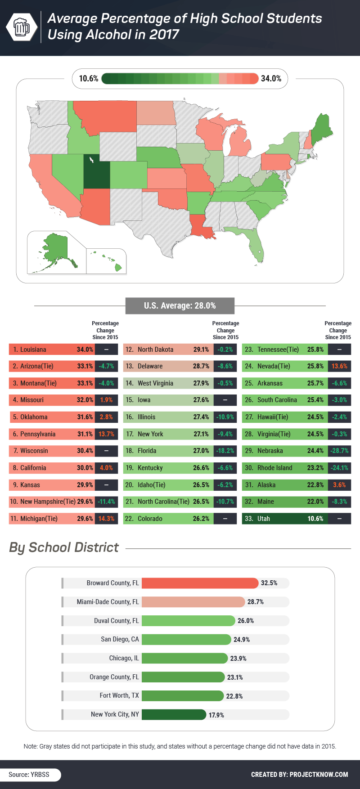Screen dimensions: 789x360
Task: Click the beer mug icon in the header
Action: (22, 27)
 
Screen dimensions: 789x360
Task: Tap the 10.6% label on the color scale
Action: (89, 79)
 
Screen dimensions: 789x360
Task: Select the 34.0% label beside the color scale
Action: (271, 79)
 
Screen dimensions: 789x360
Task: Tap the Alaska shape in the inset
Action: (56, 250)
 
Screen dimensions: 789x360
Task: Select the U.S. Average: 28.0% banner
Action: (180, 306)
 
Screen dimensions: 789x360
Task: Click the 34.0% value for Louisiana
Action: (85, 350)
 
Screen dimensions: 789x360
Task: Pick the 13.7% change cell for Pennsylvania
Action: (106, 434)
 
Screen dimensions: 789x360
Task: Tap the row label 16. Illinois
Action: (140, 417)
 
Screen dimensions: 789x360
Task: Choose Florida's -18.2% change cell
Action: (225, 451)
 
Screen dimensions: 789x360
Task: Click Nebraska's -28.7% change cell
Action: (339, 451)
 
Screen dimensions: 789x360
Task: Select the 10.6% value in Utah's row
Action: (315, 519)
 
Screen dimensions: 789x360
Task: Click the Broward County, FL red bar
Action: (200, 583)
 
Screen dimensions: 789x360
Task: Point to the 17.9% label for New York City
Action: (216, 715)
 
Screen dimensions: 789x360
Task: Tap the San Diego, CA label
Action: (120, 639)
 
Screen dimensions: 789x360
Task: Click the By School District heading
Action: (64, 547)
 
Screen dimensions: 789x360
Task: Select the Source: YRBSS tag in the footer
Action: (29, 775)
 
